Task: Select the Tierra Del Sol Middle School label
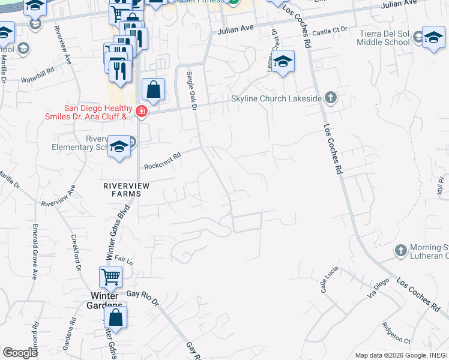[384, 38]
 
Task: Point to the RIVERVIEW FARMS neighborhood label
[127, 190]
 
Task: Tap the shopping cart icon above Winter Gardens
[110, 277]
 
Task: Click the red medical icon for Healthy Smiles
[141, 111]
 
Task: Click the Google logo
[20, 353]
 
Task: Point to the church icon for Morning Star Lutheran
[400, 249]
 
